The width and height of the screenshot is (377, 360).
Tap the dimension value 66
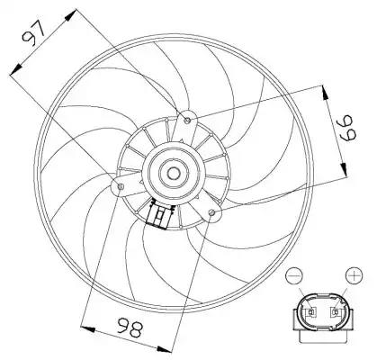pyautogui.click(x=347, y=128)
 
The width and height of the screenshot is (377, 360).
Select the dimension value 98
pyautogui.click(x=130, y=328)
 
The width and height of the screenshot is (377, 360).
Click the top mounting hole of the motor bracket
pyautogui.click(x=188, y=121)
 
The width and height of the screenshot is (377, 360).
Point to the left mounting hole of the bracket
pyautogui.click(x=121, y=186)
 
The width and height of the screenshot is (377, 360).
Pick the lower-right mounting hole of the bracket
pyautogui.click(x=212, y=212)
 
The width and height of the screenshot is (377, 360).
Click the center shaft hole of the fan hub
pyautogui.click(x=173, y=173)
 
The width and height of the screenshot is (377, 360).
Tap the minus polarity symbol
pyautogui.click(x=294, y=275)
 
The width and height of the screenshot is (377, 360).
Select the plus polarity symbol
pyautogui.click(x=355, y=275)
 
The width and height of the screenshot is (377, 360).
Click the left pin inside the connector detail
pyautogui.click(x=311, y=312)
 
